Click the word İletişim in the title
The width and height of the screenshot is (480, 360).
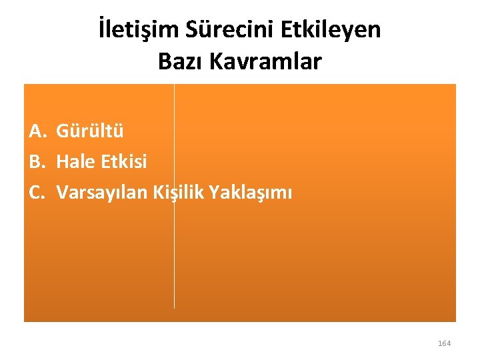[137, 31]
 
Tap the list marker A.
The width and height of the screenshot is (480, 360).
[37, 130]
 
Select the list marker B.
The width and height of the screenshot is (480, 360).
[37, 161]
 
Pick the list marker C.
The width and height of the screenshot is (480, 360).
[37, 193]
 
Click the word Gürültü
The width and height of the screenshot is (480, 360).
[90, 130]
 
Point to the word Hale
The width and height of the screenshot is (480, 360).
[75, 161]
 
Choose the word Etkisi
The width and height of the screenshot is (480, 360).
[123, 161]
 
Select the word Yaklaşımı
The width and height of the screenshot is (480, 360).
[251, 193]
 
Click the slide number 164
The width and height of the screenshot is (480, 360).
[444, 343]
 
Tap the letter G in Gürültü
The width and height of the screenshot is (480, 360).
[62, 131]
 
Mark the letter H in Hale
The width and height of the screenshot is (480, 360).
[62, 161]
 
